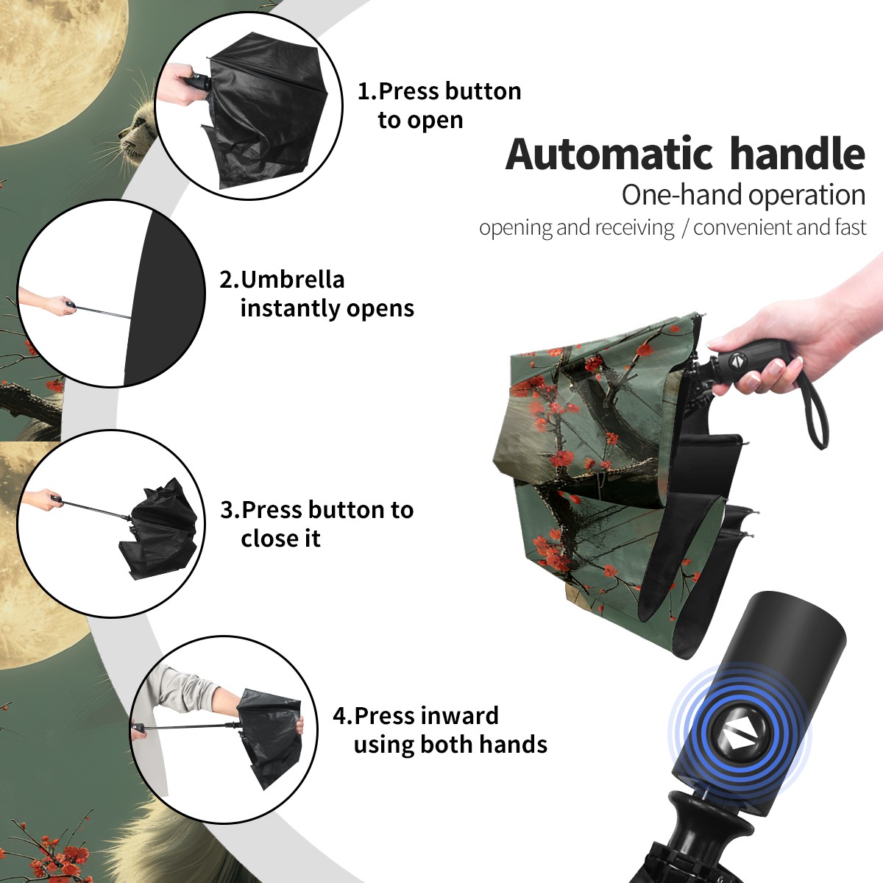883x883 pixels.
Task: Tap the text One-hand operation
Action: (743, 196)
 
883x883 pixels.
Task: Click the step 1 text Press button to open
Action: (439, 105)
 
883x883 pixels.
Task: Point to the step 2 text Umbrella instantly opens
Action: (316, 294)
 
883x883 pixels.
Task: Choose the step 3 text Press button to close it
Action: (316, 524)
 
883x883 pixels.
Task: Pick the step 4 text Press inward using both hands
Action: (440, 731)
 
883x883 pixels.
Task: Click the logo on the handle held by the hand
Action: (737, 362)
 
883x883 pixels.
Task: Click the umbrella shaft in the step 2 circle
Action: (104, 311)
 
